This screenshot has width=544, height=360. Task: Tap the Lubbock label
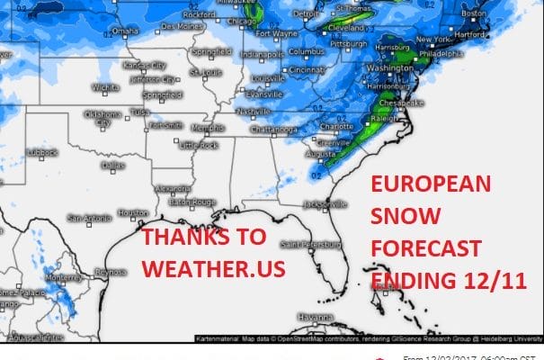point(42,152)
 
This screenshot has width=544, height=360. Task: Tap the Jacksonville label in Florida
point(325,204)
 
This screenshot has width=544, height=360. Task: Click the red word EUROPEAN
point(432,184)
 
